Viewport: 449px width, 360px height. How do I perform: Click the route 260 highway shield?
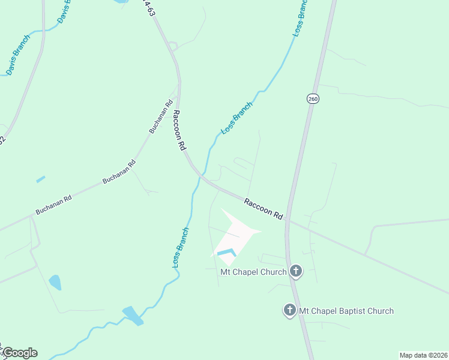pyautogui.click(x=312, y=98)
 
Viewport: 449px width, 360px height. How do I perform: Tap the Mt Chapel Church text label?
pyautogui.click(x=254, y=272)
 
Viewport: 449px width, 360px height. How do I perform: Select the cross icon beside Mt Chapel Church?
pyautogui.click(x=295, y=271)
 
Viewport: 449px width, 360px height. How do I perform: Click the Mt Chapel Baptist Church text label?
pyautogui.click(x=346, y=311)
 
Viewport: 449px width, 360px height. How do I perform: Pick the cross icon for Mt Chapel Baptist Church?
pyautogui.click(x=289, y=310)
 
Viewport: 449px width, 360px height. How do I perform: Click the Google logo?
pyautogui.click(x=20, y=353)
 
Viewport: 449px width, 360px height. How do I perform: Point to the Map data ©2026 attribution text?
pyautogui.click(x=423, y=355)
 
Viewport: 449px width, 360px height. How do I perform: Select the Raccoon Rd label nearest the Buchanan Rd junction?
pyautogui.click(x=178, y=130)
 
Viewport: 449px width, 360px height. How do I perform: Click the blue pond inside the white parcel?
pyautogui.click(x=226, y=253)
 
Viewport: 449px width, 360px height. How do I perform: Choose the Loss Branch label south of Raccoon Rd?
pyautogui.click(x=181, y=247)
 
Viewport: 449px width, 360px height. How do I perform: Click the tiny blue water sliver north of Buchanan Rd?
pyautogui.click(x=40, y=179)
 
